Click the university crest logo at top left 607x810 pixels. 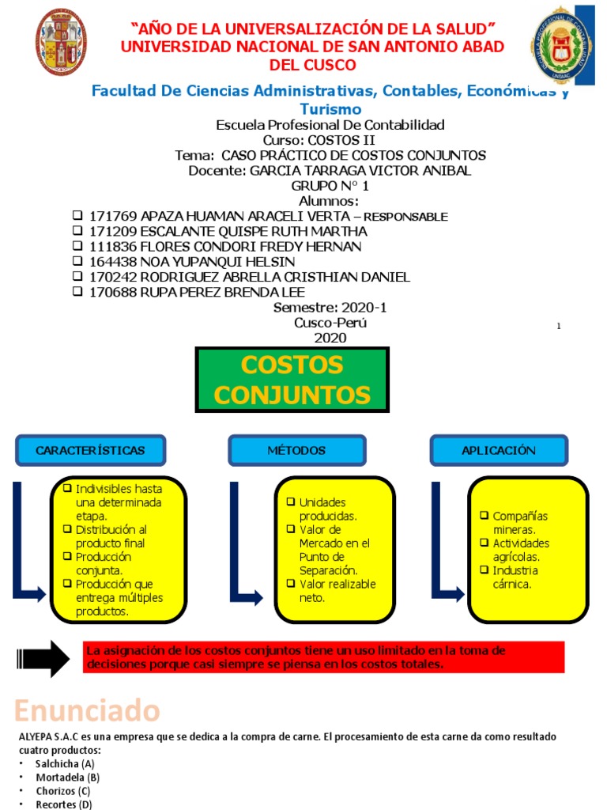pyautogui.click(x=62, y=43)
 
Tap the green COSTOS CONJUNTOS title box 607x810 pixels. pyautogui.click(x=292, y=380)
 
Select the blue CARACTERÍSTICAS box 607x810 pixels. pyautogui.click(x=90, y=450)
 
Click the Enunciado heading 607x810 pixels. pyautogui.click(x=87, y=710)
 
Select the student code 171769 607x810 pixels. pyautogui.click(x=114, y=216)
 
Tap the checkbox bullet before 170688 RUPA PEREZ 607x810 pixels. pyautogui.click(x=77, y=292)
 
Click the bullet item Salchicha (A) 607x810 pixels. pyautogui.click(x=65, y=764)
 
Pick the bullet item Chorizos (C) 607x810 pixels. pyautogui.click(x=63, y=791)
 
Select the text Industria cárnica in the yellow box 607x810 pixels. pyautogui.click(x=515, y=577)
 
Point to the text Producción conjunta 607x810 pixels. pyautogui.click(x=104, y=563)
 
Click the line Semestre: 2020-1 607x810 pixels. pyautogui.click(x=330, y=307)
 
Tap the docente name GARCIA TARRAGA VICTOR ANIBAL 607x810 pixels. pyautogui.click(x=360, y=171)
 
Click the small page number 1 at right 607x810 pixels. pyautogui.click(x=559, y=326)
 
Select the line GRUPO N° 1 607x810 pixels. pyautogui.click(x=330, y=186)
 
